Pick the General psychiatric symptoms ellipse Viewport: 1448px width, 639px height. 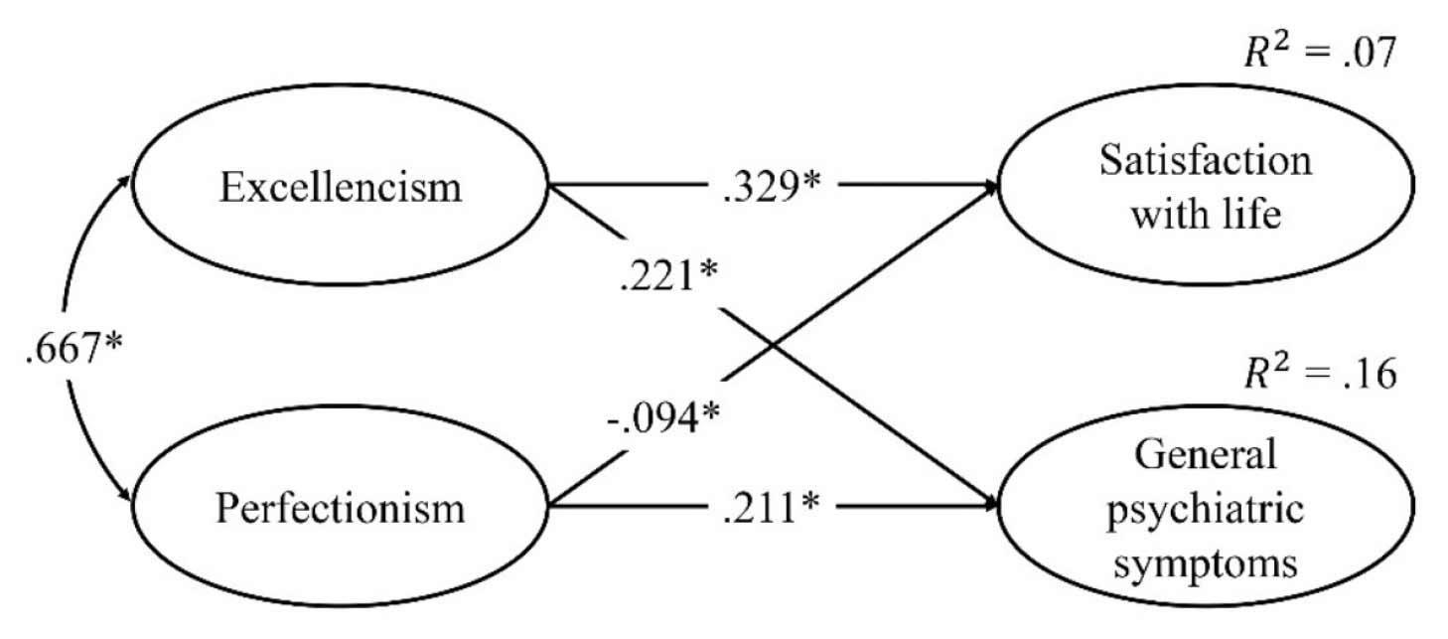pyautogui.click(x=1205, y=507)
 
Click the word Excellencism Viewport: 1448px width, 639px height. pyautogui.click(x=340, y=185)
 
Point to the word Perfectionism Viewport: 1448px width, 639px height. pyautogui.click(x=340, y=508)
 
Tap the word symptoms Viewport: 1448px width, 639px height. pyautogui.click(x=1205, y=562)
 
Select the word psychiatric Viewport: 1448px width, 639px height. pyautogui.click(x=1205, y=509)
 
